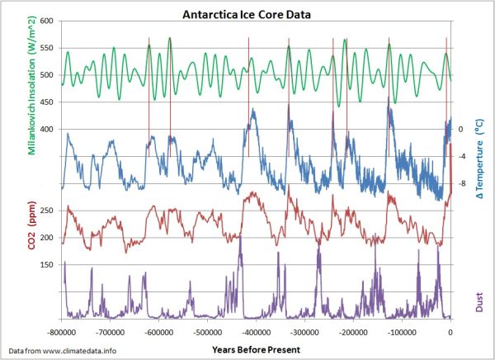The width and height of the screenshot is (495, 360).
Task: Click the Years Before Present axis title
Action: [x=256, y=350]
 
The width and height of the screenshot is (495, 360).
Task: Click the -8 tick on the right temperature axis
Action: [x=463, y=183]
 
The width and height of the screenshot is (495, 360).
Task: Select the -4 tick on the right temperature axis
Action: [x=463, y=156]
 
